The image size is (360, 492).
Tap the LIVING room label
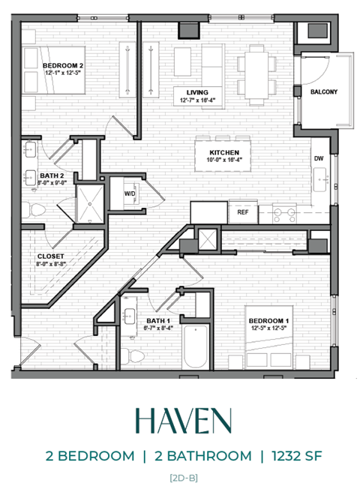tap(196, 91)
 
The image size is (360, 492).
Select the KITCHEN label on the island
tap(223, 151)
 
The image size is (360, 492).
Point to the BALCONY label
tap(324, 92)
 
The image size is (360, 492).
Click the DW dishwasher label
tap(318, 158)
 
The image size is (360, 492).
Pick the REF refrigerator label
tap(242, 212)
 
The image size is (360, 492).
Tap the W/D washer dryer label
tap(129, 193)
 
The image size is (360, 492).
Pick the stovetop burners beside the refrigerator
tap(284, 214)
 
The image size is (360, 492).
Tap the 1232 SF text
tap(296, 455)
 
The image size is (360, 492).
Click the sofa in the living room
tap(199, 61)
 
